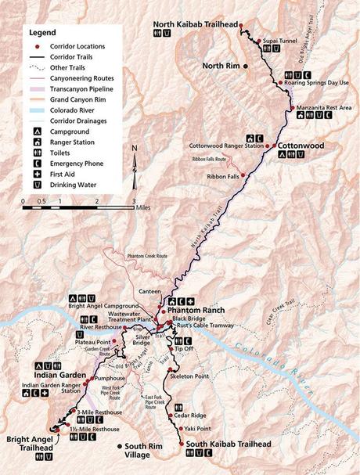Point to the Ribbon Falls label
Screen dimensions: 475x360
(x=220, y=175)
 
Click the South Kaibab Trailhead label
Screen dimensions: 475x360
(x=224, y=445)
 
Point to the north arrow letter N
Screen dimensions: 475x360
(x=135, y=149)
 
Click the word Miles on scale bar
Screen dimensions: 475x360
(x=142, y=209)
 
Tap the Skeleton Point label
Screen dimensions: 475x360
(x=189, y=376)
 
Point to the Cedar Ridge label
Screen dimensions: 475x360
(x=189, y=415)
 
